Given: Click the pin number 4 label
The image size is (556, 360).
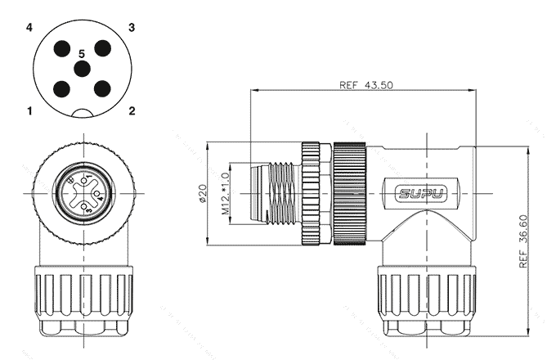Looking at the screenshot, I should (29, 27).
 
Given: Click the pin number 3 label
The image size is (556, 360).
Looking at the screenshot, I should (131, 27).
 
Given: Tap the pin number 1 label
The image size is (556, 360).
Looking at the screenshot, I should (29, 110).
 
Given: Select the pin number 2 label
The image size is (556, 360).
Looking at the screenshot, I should (132, 110).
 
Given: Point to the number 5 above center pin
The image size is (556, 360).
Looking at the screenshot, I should (81, 53).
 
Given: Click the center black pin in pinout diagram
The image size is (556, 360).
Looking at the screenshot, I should (81, 69).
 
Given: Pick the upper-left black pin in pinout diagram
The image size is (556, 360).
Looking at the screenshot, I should (61, 47).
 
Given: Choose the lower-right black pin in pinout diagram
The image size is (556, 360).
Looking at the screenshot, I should (101, 88).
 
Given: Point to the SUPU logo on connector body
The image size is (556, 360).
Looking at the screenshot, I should (420, 194).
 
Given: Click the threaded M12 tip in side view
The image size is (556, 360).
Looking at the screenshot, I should (275, 194).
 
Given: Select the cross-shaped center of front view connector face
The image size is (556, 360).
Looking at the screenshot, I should (82, 195).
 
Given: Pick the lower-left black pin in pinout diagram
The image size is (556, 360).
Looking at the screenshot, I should (61, 88).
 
